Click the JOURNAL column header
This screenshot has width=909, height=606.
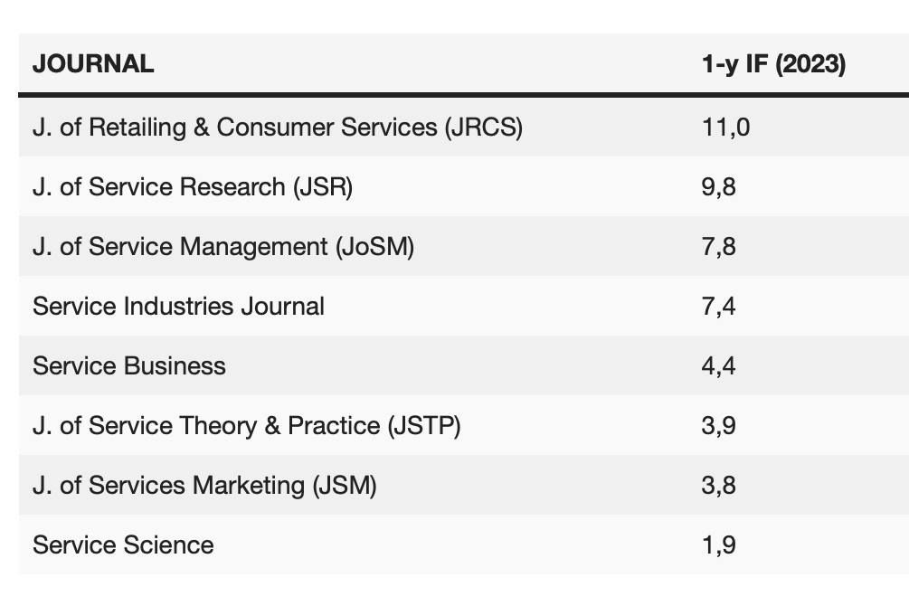(93, 64)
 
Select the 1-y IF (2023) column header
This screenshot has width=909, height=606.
(773, 64)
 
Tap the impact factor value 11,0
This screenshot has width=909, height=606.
(725, 127)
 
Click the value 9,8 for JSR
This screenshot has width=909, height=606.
(719, 186)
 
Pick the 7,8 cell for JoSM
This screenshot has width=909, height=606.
(719, 246)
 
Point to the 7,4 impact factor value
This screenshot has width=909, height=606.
(719, 306)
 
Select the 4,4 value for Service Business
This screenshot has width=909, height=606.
(719, 365)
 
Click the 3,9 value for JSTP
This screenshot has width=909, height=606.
(719, 425)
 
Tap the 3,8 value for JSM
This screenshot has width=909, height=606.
(719, 485)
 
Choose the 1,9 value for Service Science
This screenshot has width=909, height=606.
(719, 544)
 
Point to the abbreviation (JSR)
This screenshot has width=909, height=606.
(322, 186)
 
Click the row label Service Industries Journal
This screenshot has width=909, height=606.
(178, 306)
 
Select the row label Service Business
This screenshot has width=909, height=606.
(129, 365)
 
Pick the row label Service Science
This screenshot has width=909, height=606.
(123, 544)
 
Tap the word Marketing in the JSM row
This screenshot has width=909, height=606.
(248, 485)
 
